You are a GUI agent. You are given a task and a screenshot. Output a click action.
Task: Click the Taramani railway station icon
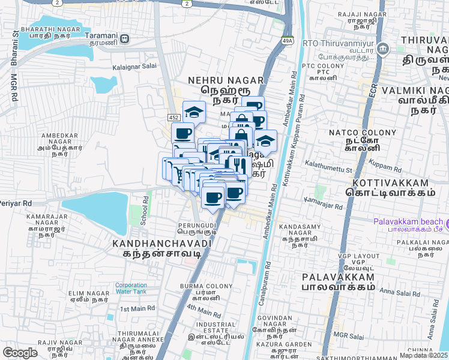pyautogui.click(x=124, y=39)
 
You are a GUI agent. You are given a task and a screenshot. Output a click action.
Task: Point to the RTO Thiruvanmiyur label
pyautogui.click(x=340, y=43)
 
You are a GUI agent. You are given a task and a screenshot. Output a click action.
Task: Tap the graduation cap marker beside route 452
pyautogui.click(x=193, y=112)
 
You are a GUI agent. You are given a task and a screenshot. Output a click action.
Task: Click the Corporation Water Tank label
pyautogui.click(x=131, y=289)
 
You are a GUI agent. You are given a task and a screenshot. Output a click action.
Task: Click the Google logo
pyautogui.click(x=20, y=353)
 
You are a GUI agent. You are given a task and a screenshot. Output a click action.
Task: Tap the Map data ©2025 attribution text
pyautogui.click(x=424, y=355)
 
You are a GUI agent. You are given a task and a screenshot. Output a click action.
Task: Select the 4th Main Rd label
pyautogui.click(x=203, y=310)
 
